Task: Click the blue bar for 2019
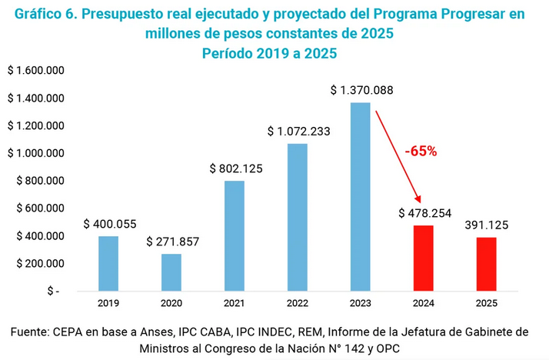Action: click(x=108, y=263)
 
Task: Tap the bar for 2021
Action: click(x=235, y=236)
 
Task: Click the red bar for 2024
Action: click(x=423, y=258)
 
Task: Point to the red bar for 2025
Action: click(x=486, y=265)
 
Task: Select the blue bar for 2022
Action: click(x=298, y=218)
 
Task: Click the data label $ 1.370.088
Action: click(x=361, y=91)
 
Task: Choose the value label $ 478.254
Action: click(x=424, y=213)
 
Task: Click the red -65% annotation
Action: click(x=421, y=152)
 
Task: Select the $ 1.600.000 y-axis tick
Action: click(x=35, y=71)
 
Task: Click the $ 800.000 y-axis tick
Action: click(x=38, y=181)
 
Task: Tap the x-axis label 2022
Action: click(x=298, y=303)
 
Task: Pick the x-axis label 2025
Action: click(x=486, y=303)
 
